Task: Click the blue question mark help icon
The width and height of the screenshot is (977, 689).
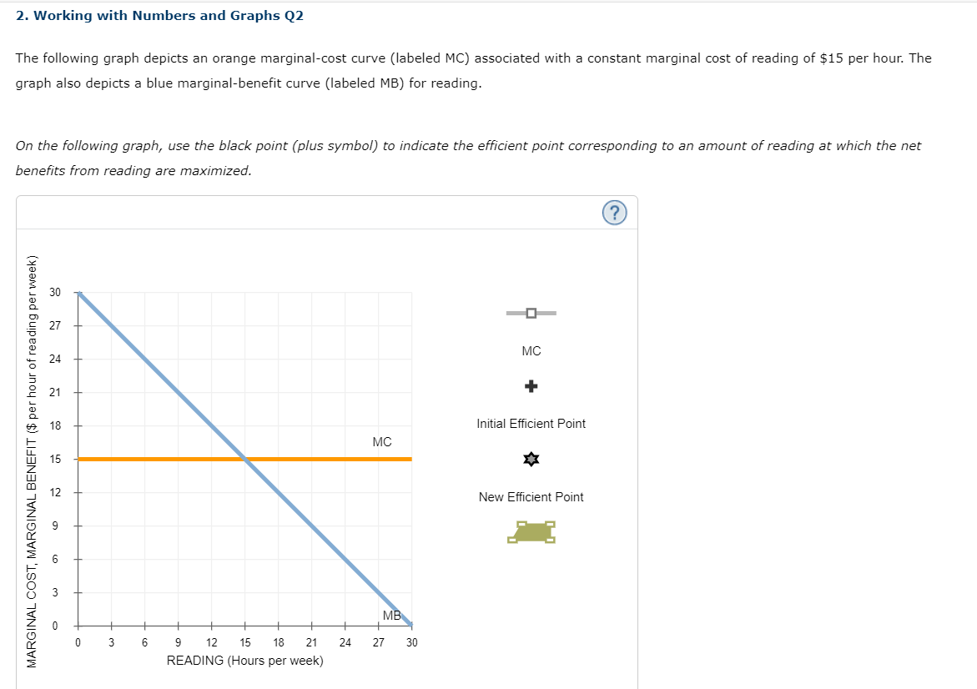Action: click(614, 213)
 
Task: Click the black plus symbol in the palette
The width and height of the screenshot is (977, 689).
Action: click(531, 386)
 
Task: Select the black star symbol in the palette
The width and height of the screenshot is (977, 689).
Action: click(531, 460)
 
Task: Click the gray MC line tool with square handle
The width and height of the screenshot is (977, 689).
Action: click(531, 314)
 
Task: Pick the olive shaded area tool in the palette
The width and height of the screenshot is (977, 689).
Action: click(531, 531)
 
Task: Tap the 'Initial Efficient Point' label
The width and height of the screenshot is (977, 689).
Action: click(531, 424)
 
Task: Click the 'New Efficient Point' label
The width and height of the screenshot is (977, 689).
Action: click(531, 497)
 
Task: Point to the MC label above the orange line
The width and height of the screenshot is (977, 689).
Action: click(382, 441)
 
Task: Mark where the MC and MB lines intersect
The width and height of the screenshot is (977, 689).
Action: click(244, 459)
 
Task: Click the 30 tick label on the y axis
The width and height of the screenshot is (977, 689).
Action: click(55, 292)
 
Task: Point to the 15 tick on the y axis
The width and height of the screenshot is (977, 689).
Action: click(55, 459)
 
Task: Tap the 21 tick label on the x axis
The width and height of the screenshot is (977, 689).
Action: click(311, 642)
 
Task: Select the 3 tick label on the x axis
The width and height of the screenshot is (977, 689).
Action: click(111, 642)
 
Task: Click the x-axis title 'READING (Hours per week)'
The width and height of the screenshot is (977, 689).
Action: click(245, 661)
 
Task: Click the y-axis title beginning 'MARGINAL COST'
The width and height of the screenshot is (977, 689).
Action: click(33, 459)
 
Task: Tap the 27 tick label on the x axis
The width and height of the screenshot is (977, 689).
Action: click(378, 642)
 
